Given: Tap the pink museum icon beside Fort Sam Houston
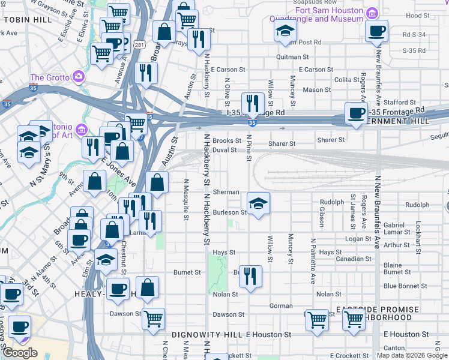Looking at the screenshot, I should point(372,13).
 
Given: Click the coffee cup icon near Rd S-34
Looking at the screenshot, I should point(376,31).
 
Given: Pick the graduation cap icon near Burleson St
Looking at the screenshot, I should point(258,204).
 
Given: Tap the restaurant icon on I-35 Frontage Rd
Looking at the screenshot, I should point(253,104).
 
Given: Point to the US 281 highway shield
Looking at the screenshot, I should point(140,45).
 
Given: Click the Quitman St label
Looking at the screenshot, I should point(292,57).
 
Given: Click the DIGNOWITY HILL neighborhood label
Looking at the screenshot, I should point(206,334).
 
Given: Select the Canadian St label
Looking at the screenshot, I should point(353,259).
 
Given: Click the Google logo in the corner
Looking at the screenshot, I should point(20,353).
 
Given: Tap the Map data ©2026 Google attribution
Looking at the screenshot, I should point(411,355).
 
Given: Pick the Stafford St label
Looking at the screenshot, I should point(400,103).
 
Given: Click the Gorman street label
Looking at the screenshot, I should point(281,305).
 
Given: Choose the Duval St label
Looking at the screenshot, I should point(224,150).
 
